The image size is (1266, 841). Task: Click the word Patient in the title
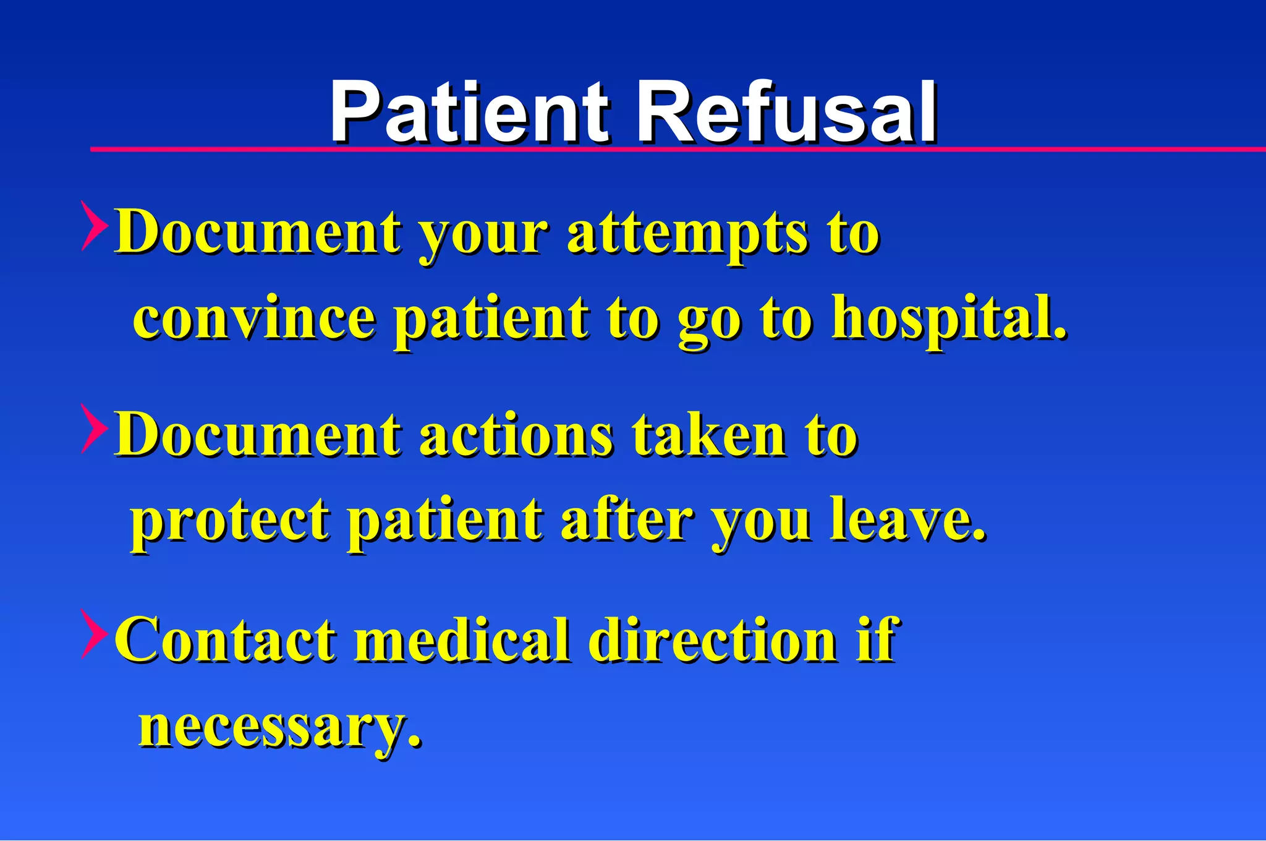[x=470, y=113]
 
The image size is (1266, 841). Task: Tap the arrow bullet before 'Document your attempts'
[x=94, y=226]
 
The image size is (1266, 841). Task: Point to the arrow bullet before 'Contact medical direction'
[x=94, y=633]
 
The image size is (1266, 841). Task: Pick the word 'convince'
[x=254, y=318]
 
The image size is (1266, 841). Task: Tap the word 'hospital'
[x=949, y=318]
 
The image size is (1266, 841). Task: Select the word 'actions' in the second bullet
[x=517, y=435]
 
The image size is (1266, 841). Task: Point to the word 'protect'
[x=230, y=521]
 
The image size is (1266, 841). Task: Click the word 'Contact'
[x=225, y=640]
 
